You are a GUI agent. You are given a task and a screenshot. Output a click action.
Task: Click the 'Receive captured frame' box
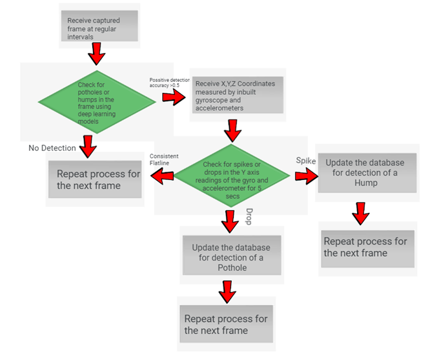[x=100, y=26]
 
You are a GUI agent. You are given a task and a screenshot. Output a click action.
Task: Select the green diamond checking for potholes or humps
[x=97, y=102]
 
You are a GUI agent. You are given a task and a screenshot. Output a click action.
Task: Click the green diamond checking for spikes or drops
[x=234, y=174]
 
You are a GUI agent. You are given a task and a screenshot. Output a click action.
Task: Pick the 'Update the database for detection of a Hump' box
[x=365, y=172]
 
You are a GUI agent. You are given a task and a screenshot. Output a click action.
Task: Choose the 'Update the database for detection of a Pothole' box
[x=231, y=257]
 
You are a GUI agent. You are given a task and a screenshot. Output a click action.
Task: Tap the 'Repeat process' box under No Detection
[x=95, y=179]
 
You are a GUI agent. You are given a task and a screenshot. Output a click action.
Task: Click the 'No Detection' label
[x=52, y=148]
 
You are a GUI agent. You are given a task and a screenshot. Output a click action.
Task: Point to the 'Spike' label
[x=306, y=160]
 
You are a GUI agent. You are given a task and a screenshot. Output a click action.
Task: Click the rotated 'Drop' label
[x=251, y=217]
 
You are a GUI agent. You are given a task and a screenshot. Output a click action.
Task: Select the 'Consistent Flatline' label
[x=164, y=159]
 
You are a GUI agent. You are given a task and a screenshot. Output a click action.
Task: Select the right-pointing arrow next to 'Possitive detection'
[x=172, y=97]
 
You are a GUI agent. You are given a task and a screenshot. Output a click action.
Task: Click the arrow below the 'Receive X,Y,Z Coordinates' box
[x=232, y=130]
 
